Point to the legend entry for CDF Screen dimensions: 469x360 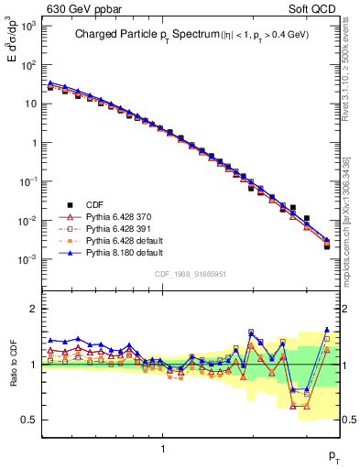click(x=93, y=204)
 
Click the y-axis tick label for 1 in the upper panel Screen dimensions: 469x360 click(x=36, y=143)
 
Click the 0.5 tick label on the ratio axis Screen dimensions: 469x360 click(x=32, y=420)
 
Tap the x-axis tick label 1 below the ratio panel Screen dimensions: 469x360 click(x=163, y=448)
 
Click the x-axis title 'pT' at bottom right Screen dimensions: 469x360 click(x=333, y=455)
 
